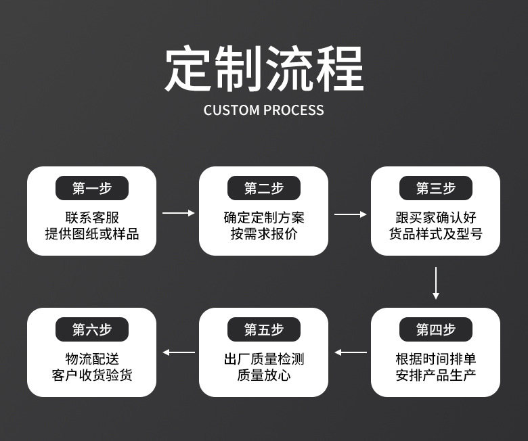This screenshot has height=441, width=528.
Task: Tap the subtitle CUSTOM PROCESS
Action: [x=264, y=110]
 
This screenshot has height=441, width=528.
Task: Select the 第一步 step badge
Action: [x=91, y=188]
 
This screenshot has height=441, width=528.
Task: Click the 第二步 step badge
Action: [x=263, y=188]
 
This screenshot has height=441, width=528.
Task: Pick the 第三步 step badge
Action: [x=435, y=188]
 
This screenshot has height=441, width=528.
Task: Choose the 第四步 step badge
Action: [x=435, y=329]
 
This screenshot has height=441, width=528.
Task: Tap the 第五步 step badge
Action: [x=263, y=329]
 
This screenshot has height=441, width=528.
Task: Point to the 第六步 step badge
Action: [x=91, y=329]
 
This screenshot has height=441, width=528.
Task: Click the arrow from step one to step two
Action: [x=178, y=213]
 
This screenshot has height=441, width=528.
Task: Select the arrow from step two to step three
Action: [x=350, y=214]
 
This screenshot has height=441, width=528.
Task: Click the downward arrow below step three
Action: [x=435, y=283]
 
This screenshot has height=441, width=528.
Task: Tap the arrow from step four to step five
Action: [x=350, y=352]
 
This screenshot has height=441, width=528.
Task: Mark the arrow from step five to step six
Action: [x=178, y=352]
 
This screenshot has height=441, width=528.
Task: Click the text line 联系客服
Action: [x=91, y=218]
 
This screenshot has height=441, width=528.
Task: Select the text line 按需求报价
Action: [x=263, y=234]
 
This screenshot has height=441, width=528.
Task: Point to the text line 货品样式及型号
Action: [x=435, y=234]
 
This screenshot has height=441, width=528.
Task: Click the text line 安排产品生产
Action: [x=435, y=374]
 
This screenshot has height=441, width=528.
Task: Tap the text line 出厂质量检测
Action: [x=263, y=358]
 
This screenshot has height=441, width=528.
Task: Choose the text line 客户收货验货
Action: [x=91, y=374]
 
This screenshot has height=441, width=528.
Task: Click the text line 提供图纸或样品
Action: [x=91, y=234]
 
